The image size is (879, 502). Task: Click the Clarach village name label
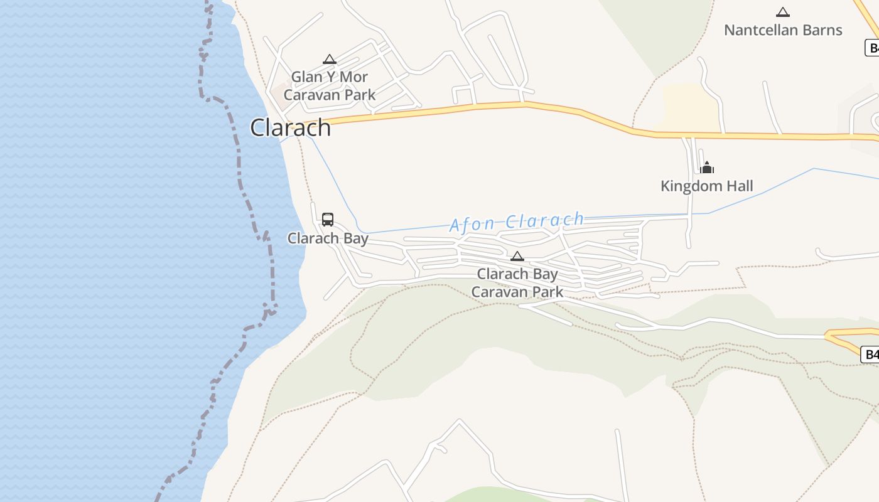click(x=290, y=127)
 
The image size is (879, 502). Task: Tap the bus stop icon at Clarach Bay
click(x=328, y=219)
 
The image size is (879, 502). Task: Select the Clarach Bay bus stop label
click(x=328, y=238)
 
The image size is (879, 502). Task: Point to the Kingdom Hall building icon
click(x=707, y=168)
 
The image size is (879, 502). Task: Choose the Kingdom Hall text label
click(x=707, y=186)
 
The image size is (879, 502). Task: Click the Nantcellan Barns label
click(x=783, y=30)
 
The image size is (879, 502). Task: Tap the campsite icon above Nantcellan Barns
click(x=783, y=12)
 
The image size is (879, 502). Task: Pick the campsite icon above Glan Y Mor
click(x=330, y=60)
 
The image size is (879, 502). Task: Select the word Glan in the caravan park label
click(x=305, y=77)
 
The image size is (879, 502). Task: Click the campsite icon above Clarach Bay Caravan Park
click(x=517, y=256)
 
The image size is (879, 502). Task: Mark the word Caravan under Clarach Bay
click(x=500, y=292)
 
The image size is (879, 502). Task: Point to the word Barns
click(x=822, y=30)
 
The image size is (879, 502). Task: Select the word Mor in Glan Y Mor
click(x=354, y=77)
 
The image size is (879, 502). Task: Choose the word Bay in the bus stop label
click(x=355, y=238)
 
